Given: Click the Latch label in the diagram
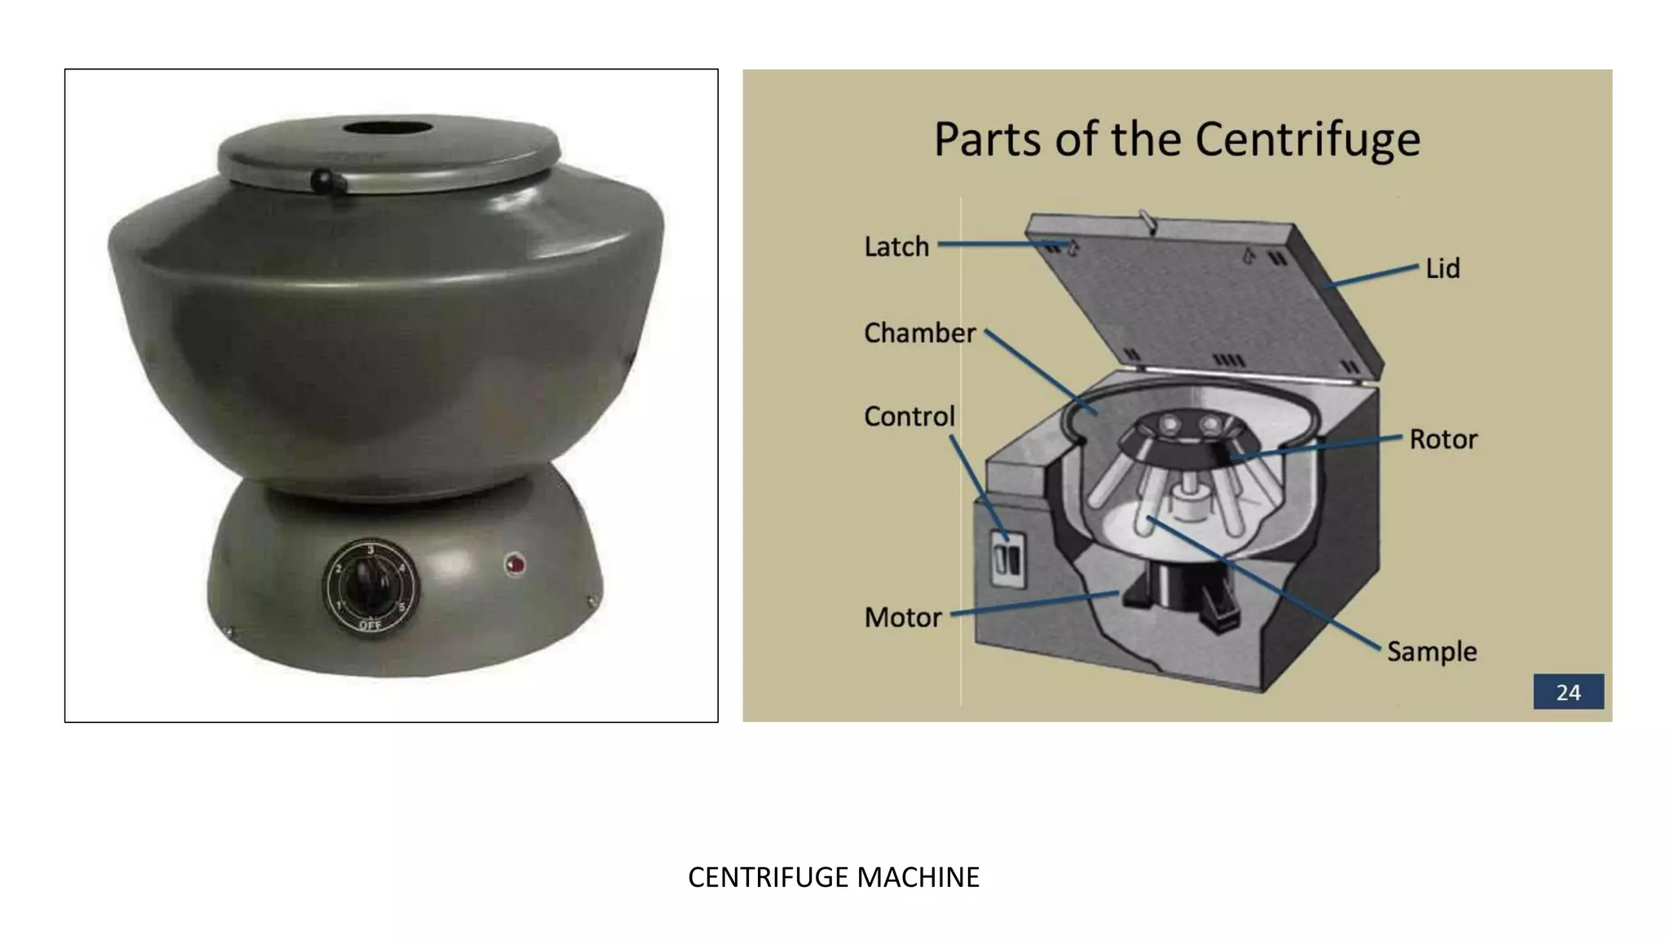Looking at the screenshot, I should pos(896,246).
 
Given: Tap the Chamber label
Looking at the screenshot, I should pos(919,333).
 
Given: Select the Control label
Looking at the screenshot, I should pos(909,417).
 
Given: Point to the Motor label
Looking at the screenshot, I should pos(903,617).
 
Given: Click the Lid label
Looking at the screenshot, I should pos(1442,268).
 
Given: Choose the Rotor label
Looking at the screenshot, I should pos(1443,439).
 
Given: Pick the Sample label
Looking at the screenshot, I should pos(1432,651).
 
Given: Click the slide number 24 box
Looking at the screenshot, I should pos(1568,692).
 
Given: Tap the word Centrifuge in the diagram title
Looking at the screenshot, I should pos(1307,139).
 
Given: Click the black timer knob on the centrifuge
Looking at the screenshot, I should pos(367,585).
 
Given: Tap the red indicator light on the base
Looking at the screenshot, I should pos(514,563).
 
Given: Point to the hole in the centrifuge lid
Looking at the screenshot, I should pos(387,129).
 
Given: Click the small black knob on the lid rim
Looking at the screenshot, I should pos(322,179).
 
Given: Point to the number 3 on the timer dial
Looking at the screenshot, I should pos(371,550).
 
